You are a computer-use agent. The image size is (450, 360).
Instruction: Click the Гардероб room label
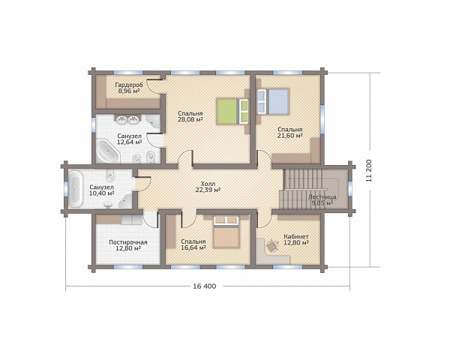(128, 85)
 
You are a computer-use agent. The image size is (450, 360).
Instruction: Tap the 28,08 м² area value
(190, 119)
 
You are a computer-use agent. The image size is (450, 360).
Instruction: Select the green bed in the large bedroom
(232, 112)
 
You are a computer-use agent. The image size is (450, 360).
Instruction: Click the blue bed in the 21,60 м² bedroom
(273, 101)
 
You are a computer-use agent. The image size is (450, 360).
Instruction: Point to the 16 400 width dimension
(204, 286)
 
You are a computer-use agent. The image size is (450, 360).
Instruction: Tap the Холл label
(208, 184)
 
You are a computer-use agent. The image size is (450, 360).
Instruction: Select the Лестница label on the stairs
(322, 197)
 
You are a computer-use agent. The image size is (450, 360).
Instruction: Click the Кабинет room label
(296, 236)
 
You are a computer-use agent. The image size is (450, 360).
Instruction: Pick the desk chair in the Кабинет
(271, 246)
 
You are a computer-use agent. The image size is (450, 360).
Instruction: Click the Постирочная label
(128, 242)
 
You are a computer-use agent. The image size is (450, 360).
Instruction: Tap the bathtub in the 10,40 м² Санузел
(76, 190)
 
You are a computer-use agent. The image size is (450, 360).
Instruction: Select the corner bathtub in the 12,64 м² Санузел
(107, 151)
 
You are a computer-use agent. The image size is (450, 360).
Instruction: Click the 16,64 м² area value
(193, 247)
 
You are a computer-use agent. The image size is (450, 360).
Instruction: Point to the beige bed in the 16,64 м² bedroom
(226, 232)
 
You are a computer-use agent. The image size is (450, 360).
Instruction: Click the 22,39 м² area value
(208, 190)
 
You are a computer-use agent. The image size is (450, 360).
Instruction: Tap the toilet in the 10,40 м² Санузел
(110, 174)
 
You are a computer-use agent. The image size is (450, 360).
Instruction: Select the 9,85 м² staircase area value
(322, 203)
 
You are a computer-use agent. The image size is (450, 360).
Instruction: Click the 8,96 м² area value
(128, 91)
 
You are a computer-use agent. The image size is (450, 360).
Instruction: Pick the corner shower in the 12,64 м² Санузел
(153, 123)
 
